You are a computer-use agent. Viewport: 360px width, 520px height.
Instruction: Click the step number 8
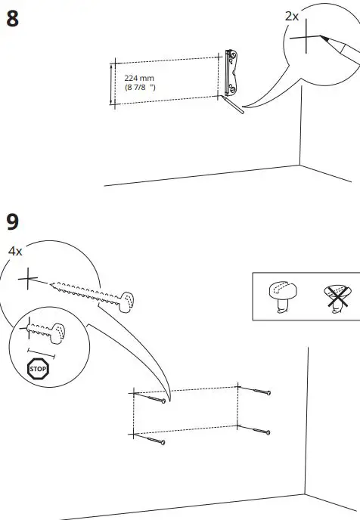(x=12, y=19)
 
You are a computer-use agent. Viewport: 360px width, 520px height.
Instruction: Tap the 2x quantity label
(x=292, y=15)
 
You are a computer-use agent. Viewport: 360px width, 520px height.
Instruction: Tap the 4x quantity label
(x=16, y=249)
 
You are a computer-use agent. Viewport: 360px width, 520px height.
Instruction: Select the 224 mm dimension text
(x=139, y=78)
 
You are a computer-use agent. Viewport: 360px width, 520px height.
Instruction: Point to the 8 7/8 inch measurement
(x=140, y=88)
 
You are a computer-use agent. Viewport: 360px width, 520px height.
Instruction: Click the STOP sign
(x=37, y=370)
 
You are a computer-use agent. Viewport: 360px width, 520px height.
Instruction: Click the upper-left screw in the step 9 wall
(x=154, y=398)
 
